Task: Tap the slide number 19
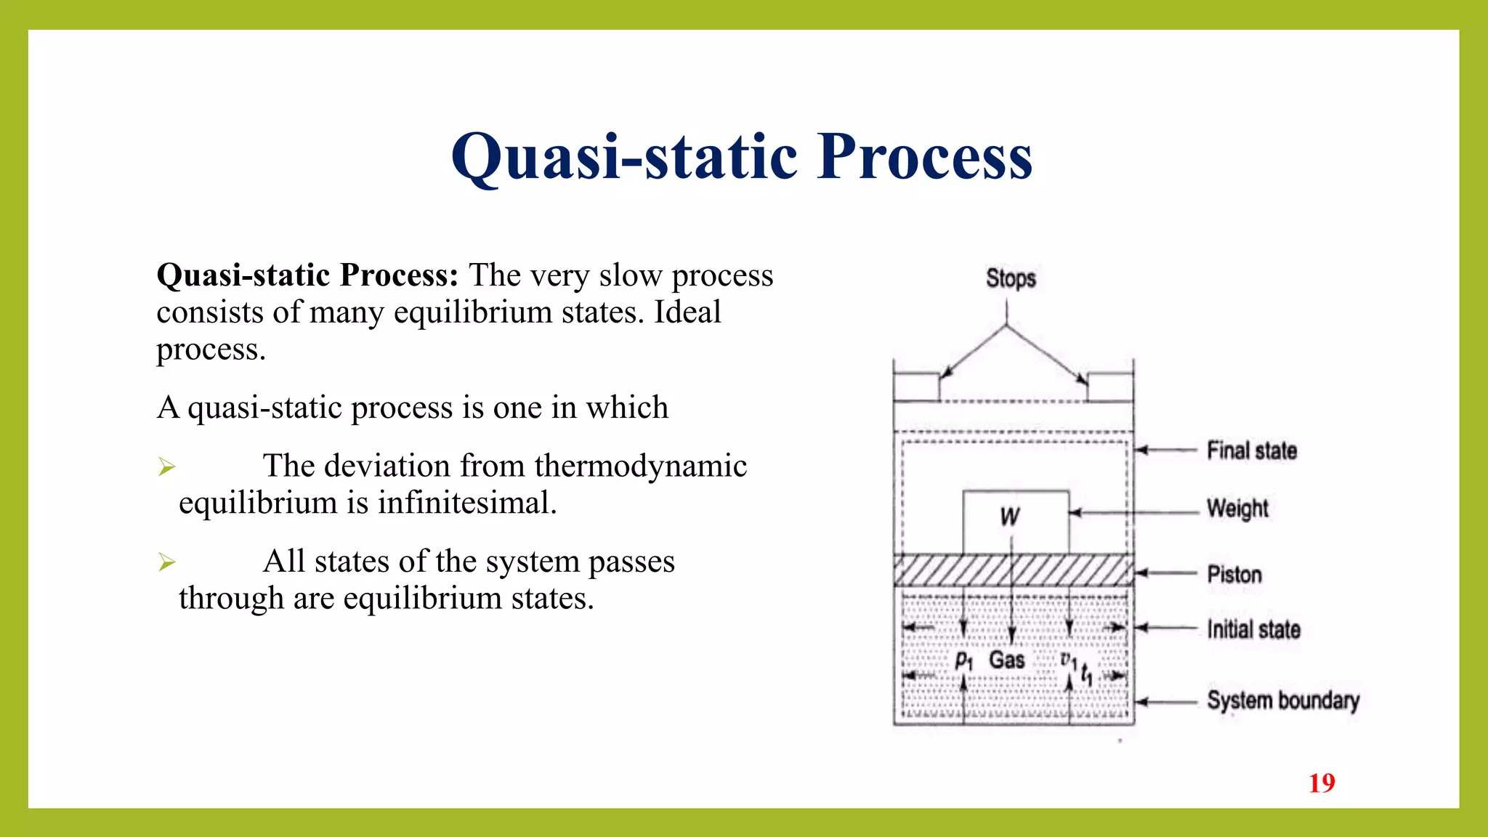coord(1322,783)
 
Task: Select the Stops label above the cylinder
coord(1010,278)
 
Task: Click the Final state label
coord(1251,450)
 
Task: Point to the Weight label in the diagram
coord(1237,509)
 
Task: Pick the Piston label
coord(1234,575)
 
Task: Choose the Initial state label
coord(1253,629)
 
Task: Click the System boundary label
coord(1282,700)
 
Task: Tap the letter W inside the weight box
coord(1010,517)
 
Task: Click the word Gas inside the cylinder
coord(1006,660)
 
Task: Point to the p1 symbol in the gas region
coord(963,660)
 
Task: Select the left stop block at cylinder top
coord(916,387)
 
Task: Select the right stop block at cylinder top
coord(1110,387)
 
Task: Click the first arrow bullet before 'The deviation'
coord(167,466)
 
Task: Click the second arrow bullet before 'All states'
coord(167,562)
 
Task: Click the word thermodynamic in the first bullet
coord(640,466)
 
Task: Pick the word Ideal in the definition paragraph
coord(687,312)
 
